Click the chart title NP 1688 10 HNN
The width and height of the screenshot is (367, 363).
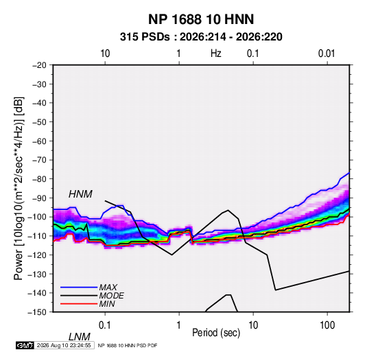click(x=201, y=19)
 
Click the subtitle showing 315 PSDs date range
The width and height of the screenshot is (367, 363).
click(x=201, y=37)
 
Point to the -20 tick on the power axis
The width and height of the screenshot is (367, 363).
click(x=39, y=65)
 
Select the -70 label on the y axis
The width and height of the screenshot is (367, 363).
click(x=39, y=160)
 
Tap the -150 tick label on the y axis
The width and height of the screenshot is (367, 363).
click(x=37, y=312)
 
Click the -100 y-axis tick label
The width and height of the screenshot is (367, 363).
click(x=37, y=217)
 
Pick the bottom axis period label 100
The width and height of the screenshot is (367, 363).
click(x=327, y=325)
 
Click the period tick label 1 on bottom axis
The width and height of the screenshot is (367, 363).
click(x=179, y=325)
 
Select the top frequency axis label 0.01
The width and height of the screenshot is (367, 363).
click(x=327, y=54)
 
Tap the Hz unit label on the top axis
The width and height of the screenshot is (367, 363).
click(x=216, y=54)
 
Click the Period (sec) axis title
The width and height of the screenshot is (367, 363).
click(x=216, y=333)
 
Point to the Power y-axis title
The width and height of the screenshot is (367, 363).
click(x=19, y=188)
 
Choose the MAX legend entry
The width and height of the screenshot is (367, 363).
click(x=108, y=287)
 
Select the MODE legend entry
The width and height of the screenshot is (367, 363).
click(x=111, y=296)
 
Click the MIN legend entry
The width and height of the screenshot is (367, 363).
click(x=107, y=304)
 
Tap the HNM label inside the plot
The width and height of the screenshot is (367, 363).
click(x=80, y=194)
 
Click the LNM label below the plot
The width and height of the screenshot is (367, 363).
click(x=80, y=337)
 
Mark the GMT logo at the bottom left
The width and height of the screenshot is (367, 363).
click(x=25, y=345)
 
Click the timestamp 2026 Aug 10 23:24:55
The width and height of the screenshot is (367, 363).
click(x=64, y=345)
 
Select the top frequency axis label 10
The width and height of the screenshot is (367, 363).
click(x=105, y=54)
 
